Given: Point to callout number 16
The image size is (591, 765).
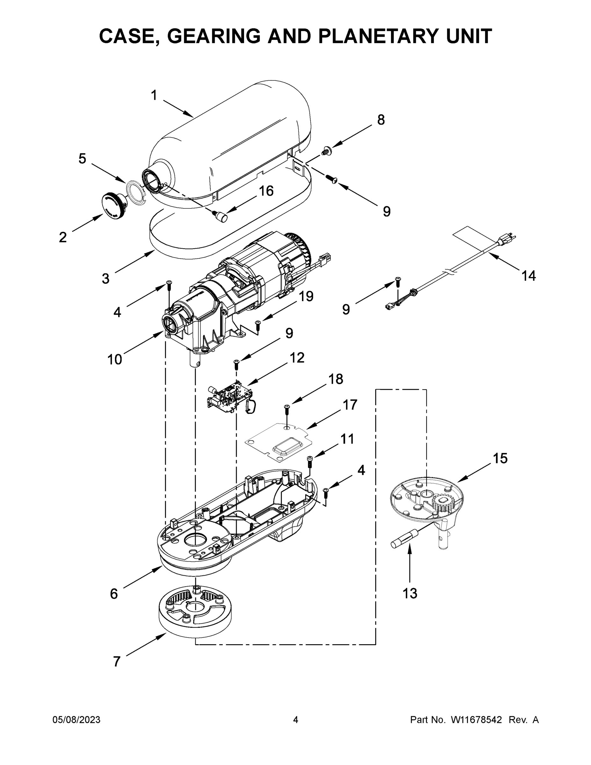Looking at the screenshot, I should click(x=266, y=191).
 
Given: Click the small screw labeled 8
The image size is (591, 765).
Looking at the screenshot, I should click(x=326, y=151).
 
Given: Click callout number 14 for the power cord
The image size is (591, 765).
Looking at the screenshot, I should click(x=528, y=276).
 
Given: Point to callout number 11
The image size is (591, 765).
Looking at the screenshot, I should click(x=347, y=439).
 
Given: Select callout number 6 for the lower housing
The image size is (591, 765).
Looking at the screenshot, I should click(x=114, y=594).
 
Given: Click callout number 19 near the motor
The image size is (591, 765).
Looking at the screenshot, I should click(x=306, y=296).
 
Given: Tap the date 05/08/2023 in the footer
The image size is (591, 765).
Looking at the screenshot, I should click(x=76, y=720).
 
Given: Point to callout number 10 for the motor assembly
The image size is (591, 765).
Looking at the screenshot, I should click(x=114, y=359).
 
